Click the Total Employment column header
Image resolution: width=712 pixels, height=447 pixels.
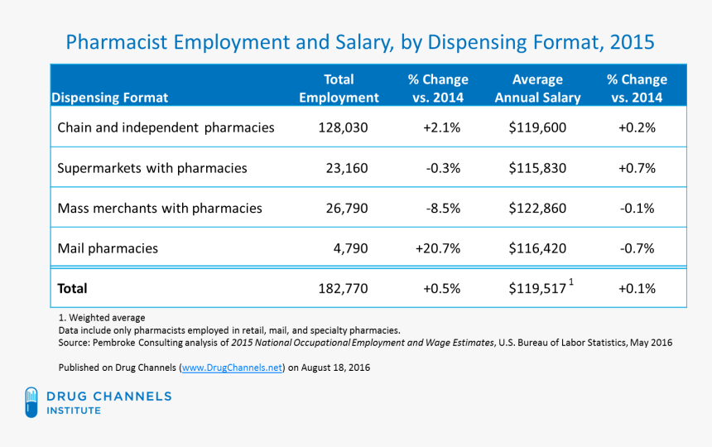click(x=339, y=89)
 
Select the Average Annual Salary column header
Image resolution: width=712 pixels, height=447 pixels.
click(x=537, y=89)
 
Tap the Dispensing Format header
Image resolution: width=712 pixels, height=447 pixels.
click(x=110, y=98)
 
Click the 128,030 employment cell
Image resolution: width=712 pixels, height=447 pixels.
click(x=342, y=128)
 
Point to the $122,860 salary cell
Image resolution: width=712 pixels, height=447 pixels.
click(x=537, y=209)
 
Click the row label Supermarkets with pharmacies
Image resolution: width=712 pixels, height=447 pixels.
click(x=152, y=168)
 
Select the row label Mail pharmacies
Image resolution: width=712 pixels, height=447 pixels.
click(x=108, y=248)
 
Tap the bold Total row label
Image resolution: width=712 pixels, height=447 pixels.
click(x=72, y=289)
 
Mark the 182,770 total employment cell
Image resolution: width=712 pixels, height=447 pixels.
click(x=342, y=289)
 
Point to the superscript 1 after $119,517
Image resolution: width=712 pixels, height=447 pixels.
click(x=571, y=283)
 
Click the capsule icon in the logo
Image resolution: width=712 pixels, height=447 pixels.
click(x=31, y=402)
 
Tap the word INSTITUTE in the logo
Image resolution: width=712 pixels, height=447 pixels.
click(x=75, y=411)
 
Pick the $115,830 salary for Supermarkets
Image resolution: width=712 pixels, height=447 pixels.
click(x=537, y=168)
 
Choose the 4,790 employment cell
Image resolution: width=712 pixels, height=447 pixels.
click(x=347, y=248)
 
